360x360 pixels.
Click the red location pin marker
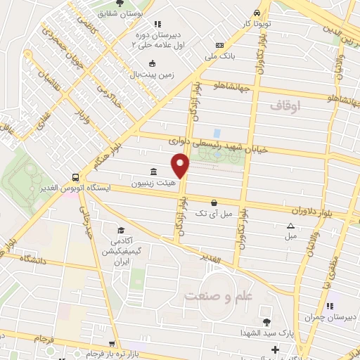[181, 165]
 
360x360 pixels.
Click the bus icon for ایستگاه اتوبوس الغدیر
[75, 177]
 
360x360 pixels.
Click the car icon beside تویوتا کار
[257, 13]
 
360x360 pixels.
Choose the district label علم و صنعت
[218, 296]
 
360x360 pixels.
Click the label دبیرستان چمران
[335, 318]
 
